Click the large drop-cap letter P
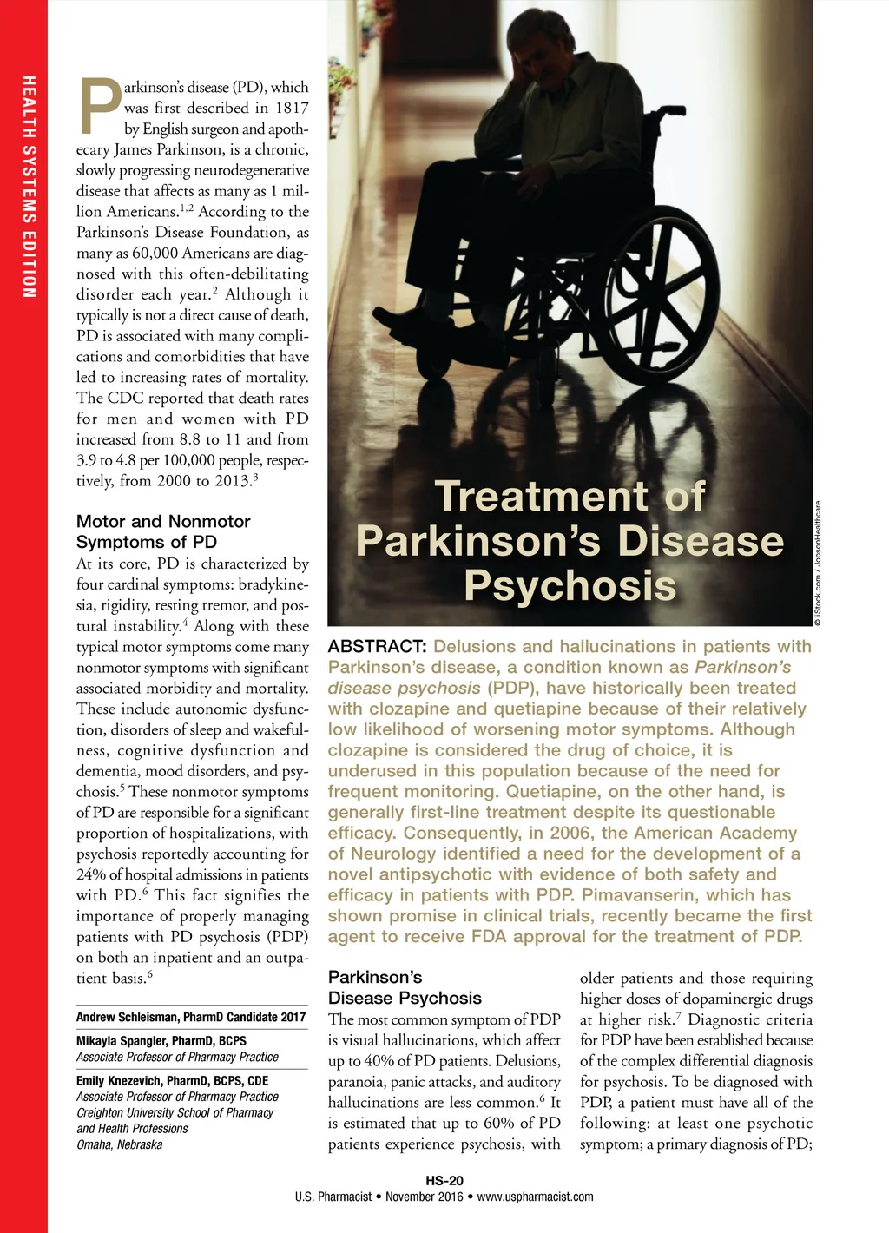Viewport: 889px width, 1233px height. tap(100, 106)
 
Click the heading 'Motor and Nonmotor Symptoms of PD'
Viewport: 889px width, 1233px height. tap(163, 531)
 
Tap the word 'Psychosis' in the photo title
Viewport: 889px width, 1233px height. tap(570, 585)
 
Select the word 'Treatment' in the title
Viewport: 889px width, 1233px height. tap(540, 497)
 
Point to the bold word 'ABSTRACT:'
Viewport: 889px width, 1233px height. tap(377, 647)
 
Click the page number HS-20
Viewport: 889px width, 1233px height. tap(444, 1181)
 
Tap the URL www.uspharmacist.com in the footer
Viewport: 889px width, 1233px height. tap(535, 1197)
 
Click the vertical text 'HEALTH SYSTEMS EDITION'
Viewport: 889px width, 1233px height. tap(30, 187)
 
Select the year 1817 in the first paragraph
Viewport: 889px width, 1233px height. tap(292, 109)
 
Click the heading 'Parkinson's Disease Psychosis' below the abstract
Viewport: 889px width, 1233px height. tap(405, 988)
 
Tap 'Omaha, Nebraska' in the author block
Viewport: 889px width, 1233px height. tap(119, 1144)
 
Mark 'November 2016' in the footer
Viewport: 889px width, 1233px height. tap(425, 1197)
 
